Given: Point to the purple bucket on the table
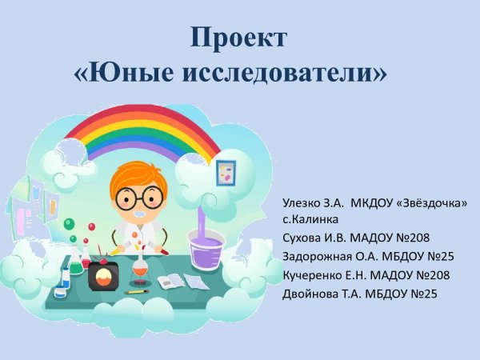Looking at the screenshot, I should point(204,248).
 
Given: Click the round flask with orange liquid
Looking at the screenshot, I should point(140,272).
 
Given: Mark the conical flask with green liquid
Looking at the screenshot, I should point(75,260).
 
